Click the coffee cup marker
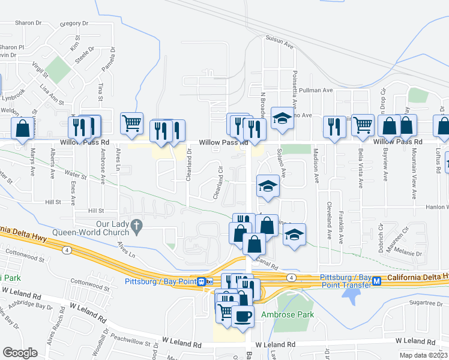(243, 316)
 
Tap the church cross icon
(137, 226)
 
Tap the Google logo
(20, 353)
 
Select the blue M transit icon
(377, 281)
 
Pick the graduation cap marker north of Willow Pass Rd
(282, 118)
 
